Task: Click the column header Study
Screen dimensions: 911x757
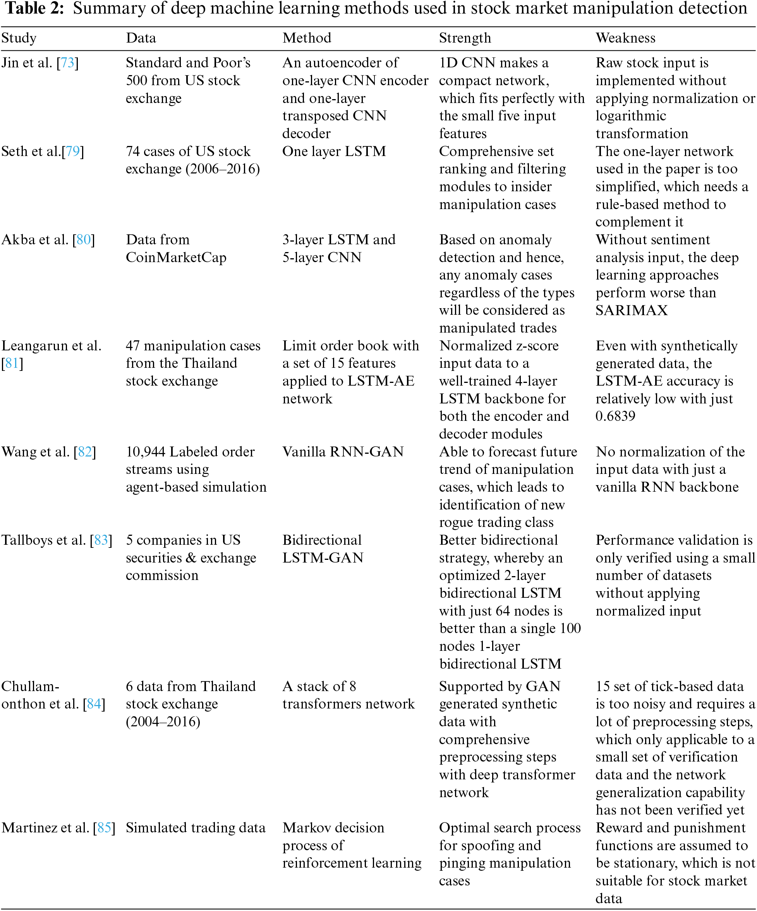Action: point(19,38)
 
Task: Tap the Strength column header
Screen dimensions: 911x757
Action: point(465,38)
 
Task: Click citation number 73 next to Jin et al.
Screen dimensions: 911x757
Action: point(68,63)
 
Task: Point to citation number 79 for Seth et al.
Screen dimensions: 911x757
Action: point(73,151)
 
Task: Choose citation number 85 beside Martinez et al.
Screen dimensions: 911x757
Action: point(104,828)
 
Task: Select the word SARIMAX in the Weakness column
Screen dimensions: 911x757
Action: point(631,311)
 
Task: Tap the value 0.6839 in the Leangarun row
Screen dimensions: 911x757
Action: point(615,417)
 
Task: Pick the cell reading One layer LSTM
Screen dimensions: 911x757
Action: point(334,151)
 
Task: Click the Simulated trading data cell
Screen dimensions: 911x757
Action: point(195,828)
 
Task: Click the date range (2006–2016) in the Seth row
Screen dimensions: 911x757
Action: point(223,169)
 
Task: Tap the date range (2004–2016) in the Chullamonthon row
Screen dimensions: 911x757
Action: point(163,722)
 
